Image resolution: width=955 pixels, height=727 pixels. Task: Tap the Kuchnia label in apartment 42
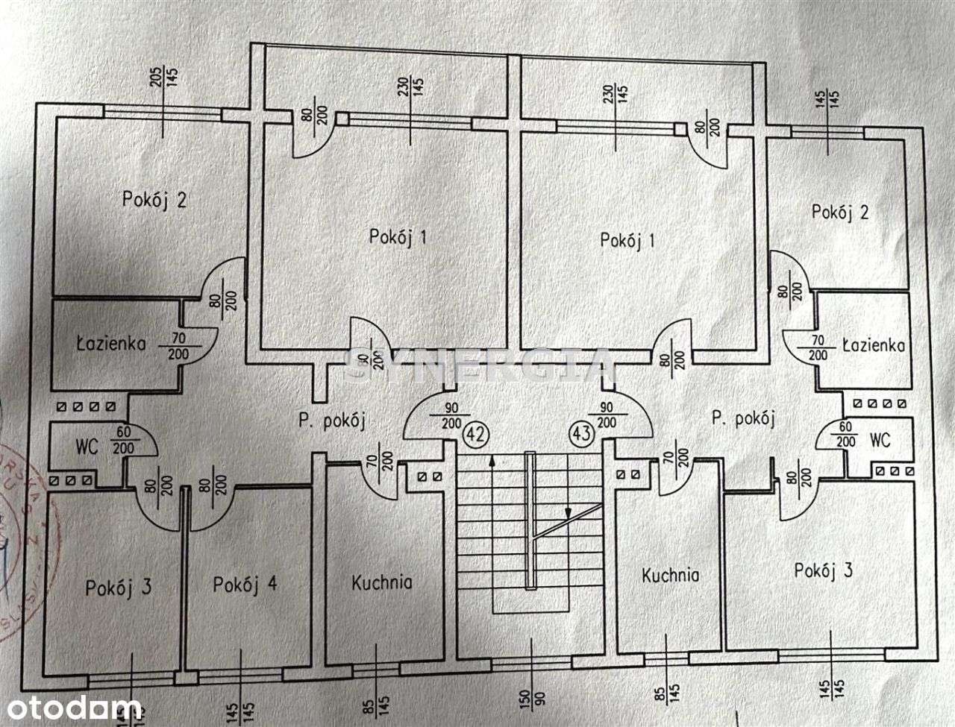coord(381,582)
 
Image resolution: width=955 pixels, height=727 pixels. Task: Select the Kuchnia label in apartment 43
coord(671,575)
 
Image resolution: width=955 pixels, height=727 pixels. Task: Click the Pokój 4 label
coord(245,585)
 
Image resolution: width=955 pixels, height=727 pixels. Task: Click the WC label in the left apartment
coord(87,448)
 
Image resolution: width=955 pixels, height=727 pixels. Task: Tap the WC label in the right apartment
coord(880,440)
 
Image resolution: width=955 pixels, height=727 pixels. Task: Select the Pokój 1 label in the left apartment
coord(398,237)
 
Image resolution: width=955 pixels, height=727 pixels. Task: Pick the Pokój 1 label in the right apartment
coord(627,240)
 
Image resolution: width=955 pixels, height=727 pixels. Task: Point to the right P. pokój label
coord(742,418)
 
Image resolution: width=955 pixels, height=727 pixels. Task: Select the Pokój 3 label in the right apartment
coord(823,571)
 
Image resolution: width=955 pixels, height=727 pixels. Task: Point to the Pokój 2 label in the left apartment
coord(154,200)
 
